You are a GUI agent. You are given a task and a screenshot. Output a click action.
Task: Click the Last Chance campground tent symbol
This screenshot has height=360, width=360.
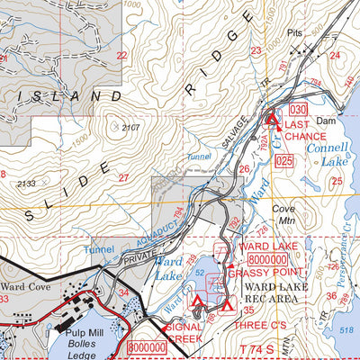coord(269,117)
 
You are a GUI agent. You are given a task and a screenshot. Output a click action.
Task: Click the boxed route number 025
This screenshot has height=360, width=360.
coord(285,161)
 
